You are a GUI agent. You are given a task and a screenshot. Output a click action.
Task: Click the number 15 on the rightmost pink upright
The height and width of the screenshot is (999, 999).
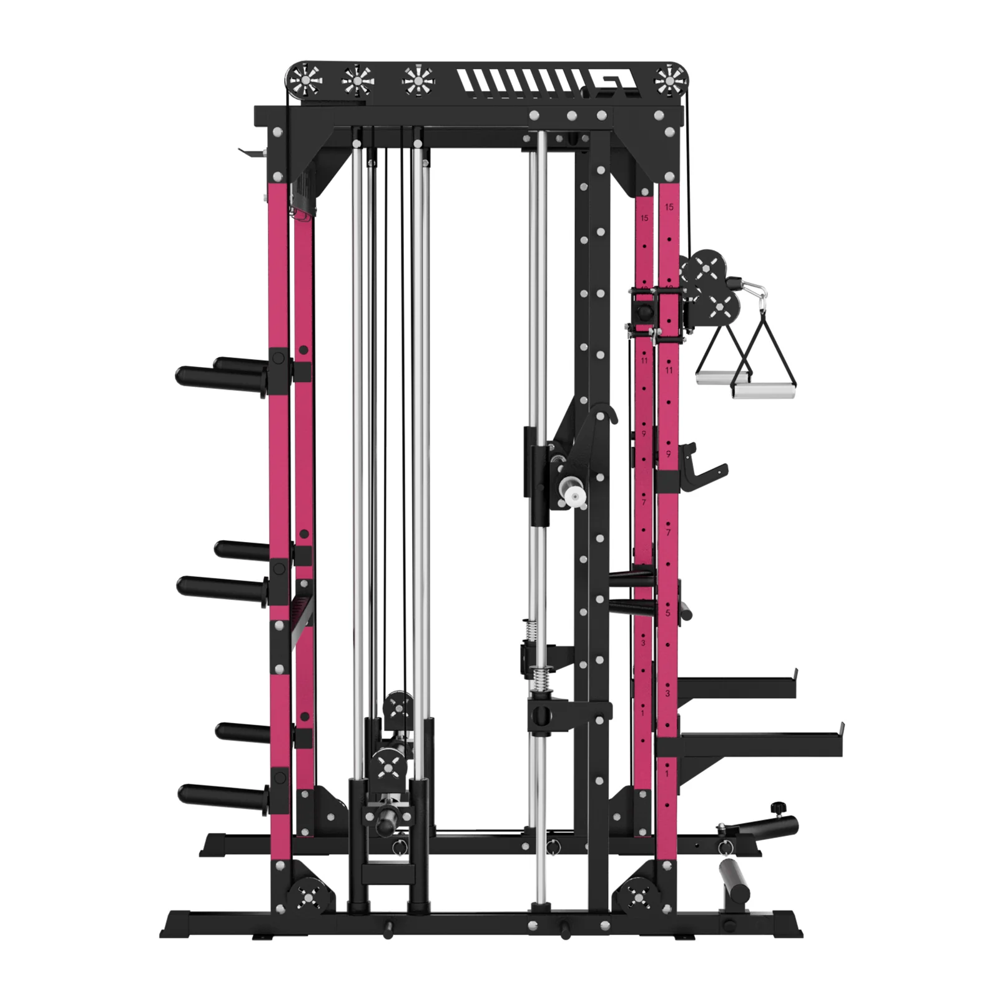pyautogui.click(x=669, y=207)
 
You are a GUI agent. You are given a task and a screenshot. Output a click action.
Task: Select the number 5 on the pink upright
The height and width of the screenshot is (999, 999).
pyautogui.click(x=667, y=613)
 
